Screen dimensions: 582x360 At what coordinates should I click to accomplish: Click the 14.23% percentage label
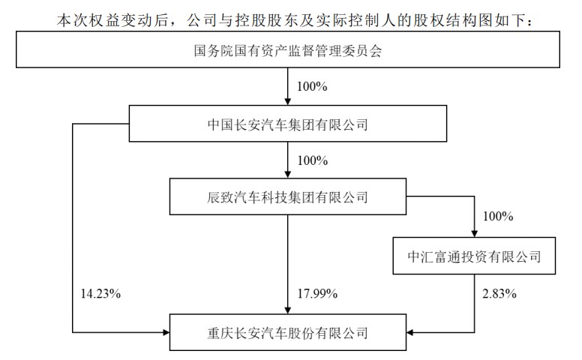click(x=100, y=294)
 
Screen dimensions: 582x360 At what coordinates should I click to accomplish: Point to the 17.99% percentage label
click(x=317, y=294)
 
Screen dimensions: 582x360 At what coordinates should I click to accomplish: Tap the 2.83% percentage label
click(x=499, y=294)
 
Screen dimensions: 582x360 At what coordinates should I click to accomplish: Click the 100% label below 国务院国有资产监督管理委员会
click(x=312, y=87)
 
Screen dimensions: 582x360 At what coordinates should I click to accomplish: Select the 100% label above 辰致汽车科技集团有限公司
click(x=313, y=160)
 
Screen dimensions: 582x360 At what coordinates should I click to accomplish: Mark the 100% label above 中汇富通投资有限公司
click(x=498, y=216)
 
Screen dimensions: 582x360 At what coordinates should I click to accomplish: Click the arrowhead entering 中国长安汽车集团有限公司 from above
click(x=288, y=102)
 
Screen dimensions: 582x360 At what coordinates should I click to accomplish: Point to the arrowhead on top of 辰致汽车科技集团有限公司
click(x=288, y=175)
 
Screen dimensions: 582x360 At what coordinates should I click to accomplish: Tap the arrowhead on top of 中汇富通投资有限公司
click(x=474, y=234)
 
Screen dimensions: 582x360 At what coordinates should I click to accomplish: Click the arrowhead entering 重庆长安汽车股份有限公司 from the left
click(x=166, y=332)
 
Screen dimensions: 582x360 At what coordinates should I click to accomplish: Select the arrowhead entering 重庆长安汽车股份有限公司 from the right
click(x=409, y=332)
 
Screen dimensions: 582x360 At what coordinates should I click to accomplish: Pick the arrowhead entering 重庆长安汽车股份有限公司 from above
click(x=288, y=310)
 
